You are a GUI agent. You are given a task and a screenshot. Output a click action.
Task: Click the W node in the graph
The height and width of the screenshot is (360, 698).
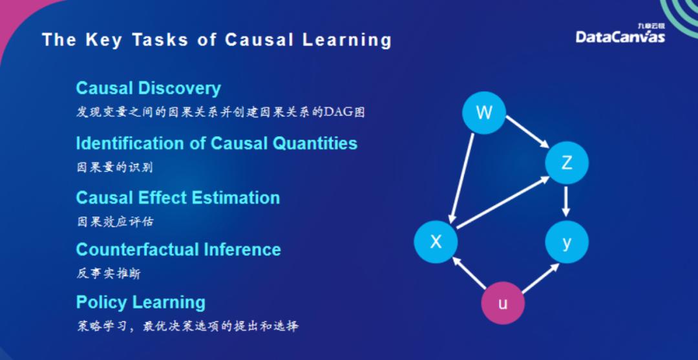(x=484, y=113)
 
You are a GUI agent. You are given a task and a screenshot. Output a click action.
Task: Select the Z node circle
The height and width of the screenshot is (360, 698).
(x=567, y=163)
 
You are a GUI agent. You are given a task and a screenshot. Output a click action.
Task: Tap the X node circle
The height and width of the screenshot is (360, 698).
(x=436, y=242)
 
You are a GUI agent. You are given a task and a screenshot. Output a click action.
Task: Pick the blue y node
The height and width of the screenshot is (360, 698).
(x=567, y=242)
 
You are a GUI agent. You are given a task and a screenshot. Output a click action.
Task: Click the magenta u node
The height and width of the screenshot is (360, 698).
(x=503, y=302)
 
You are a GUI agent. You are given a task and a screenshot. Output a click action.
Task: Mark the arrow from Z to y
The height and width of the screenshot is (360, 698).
(x=567, y=202)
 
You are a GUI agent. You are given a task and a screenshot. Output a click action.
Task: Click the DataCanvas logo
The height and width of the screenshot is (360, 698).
(x=620, y=35)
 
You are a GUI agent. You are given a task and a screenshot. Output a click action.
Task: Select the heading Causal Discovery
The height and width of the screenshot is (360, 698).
(x=148, y=89)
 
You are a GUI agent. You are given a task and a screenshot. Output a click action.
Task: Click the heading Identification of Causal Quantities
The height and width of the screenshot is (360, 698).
(x=217, y=143)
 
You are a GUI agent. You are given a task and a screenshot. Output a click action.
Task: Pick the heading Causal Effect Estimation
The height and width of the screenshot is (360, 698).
(x=178, y=198)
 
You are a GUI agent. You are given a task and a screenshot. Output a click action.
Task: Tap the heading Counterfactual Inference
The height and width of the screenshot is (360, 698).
(x=178, y=249)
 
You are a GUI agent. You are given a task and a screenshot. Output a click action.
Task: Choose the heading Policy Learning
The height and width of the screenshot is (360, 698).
(x=140, y=302)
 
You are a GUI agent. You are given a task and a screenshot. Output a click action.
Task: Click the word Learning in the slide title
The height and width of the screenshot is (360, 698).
(x=348, y=40)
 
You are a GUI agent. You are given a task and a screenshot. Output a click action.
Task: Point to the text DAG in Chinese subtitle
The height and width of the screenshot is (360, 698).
(x=338, y=112)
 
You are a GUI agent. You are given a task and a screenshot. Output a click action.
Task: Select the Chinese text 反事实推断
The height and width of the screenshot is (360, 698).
(x=109, y=273)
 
